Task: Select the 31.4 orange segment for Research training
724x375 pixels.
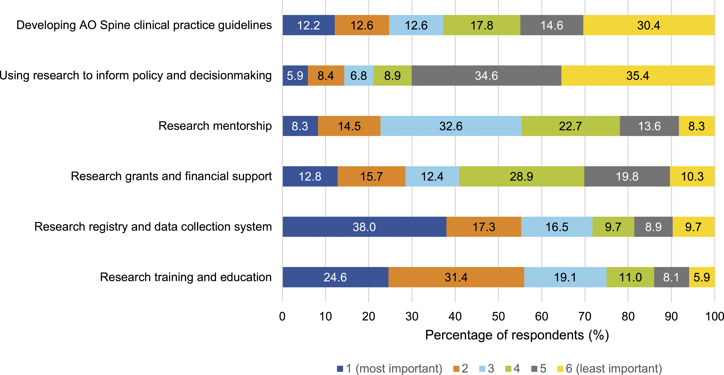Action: click(x=456, y=277)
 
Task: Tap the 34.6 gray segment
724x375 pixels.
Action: click(x=486, y=76)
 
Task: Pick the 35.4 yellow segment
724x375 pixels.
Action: click(x=638, y=76)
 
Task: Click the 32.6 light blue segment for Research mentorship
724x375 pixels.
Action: click(x=451, y=126)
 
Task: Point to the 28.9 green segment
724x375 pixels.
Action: click(x=522, y=176)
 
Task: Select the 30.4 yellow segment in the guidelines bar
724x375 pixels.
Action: click(x=649, y=25)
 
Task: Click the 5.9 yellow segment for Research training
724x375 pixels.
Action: click(x=702, y=277)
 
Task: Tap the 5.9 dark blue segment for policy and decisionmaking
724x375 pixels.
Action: click(x=295, y=76)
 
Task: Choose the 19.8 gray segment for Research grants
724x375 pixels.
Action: click(x=627, y=176)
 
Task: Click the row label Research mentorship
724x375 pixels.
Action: click(x=215, y=126)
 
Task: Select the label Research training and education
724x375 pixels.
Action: click(x=186, y=277)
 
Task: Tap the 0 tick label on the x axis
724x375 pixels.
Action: click(x=282, y=317)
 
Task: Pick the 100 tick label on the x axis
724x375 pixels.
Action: click(x=714, y=317)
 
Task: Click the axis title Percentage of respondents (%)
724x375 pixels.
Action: click(x=517, y=335)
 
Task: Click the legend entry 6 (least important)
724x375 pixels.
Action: click(x=610, y=368)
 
